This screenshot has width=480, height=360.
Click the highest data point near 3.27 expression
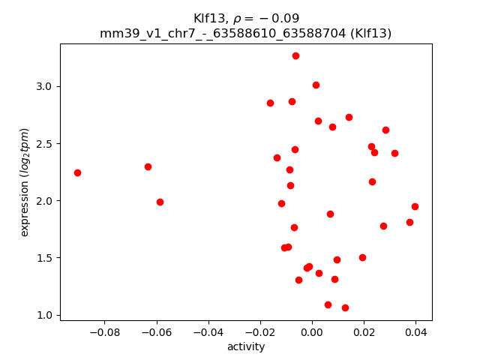pyautogui.click(x=295, y=55)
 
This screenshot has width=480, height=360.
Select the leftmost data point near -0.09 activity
pyautogui.click(x=77, y=172)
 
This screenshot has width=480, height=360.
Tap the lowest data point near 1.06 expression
pyautogui.click(x=345, y=307)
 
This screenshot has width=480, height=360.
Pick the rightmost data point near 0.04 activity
pyautogui.click(x=415, y=206)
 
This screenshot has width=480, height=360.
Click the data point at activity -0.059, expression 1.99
pyautogui.click(x=160, y=202)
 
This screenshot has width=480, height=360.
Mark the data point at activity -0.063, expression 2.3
pyautogui.click(x=148, y=166)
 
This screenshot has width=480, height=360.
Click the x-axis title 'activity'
pyautogui.click(x=246, y=346)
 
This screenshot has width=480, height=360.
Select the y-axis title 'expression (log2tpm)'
pyautogui.click(x=25, y=182)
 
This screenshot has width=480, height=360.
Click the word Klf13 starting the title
pyautogui.click(x=208, y=18)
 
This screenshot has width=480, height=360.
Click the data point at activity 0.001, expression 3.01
pyautogui.click(x=316, y=85)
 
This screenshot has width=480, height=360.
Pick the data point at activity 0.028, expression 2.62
pyautogui.click(x=385, y=130)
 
